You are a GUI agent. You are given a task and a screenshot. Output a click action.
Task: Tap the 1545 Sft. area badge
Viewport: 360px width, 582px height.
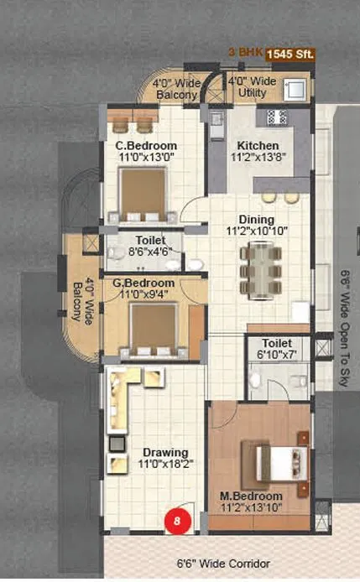pyautogui.click(x=290, y=55)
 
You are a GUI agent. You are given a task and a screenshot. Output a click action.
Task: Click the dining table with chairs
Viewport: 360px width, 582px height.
pyautogui.click(x=258, y=268)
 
